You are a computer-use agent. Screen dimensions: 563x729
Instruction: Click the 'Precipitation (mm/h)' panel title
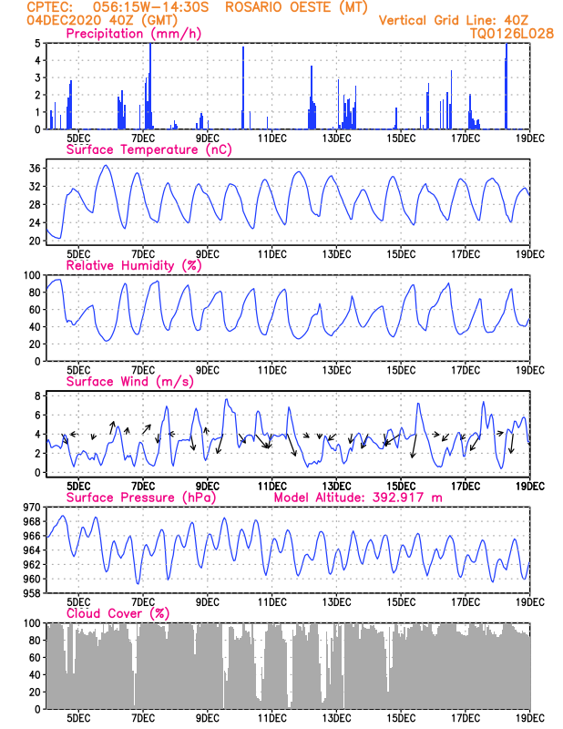coord(133,34)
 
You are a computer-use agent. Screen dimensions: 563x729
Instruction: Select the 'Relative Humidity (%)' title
coord(134,265)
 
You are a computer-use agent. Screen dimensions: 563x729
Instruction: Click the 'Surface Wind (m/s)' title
coord(130,382)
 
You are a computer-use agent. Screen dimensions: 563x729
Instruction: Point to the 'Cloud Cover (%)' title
coord(118,613)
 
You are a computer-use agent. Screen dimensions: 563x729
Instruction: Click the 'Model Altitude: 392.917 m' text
coord(358,498)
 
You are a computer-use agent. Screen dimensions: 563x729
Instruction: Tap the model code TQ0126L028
coord(511,34)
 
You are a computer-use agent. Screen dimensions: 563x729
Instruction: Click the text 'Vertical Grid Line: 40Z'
coord(454,20)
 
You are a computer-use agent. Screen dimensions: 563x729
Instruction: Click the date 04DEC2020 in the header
coord(64,20)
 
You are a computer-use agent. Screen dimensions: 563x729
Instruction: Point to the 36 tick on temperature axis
coord(35,169)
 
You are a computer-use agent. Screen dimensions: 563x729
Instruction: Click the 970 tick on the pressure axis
coord(32,508)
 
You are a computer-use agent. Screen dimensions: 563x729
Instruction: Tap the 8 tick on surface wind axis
coord(38,395)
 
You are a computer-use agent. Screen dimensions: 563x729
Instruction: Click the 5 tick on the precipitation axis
coord(38,43)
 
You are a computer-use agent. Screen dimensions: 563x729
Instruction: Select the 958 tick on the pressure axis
coord(32,593)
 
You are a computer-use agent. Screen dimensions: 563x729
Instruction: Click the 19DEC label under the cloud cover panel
coord(530,718)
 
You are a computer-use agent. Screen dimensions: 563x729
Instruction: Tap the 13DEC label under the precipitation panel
coord(336,139)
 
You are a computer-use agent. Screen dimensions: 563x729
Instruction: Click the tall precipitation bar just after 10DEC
coord(242,87)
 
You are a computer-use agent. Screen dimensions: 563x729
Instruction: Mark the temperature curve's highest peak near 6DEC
coord(106,165)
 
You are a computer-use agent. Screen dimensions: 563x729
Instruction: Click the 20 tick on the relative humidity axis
coord(35,344)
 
